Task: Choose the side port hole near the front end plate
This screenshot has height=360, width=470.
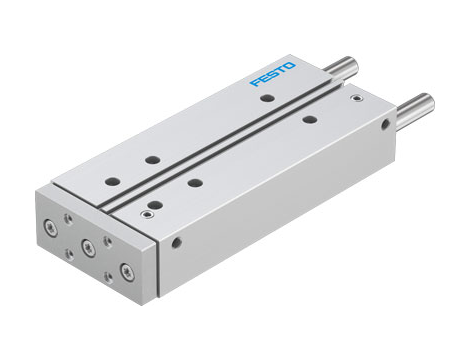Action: pos(177,241)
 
